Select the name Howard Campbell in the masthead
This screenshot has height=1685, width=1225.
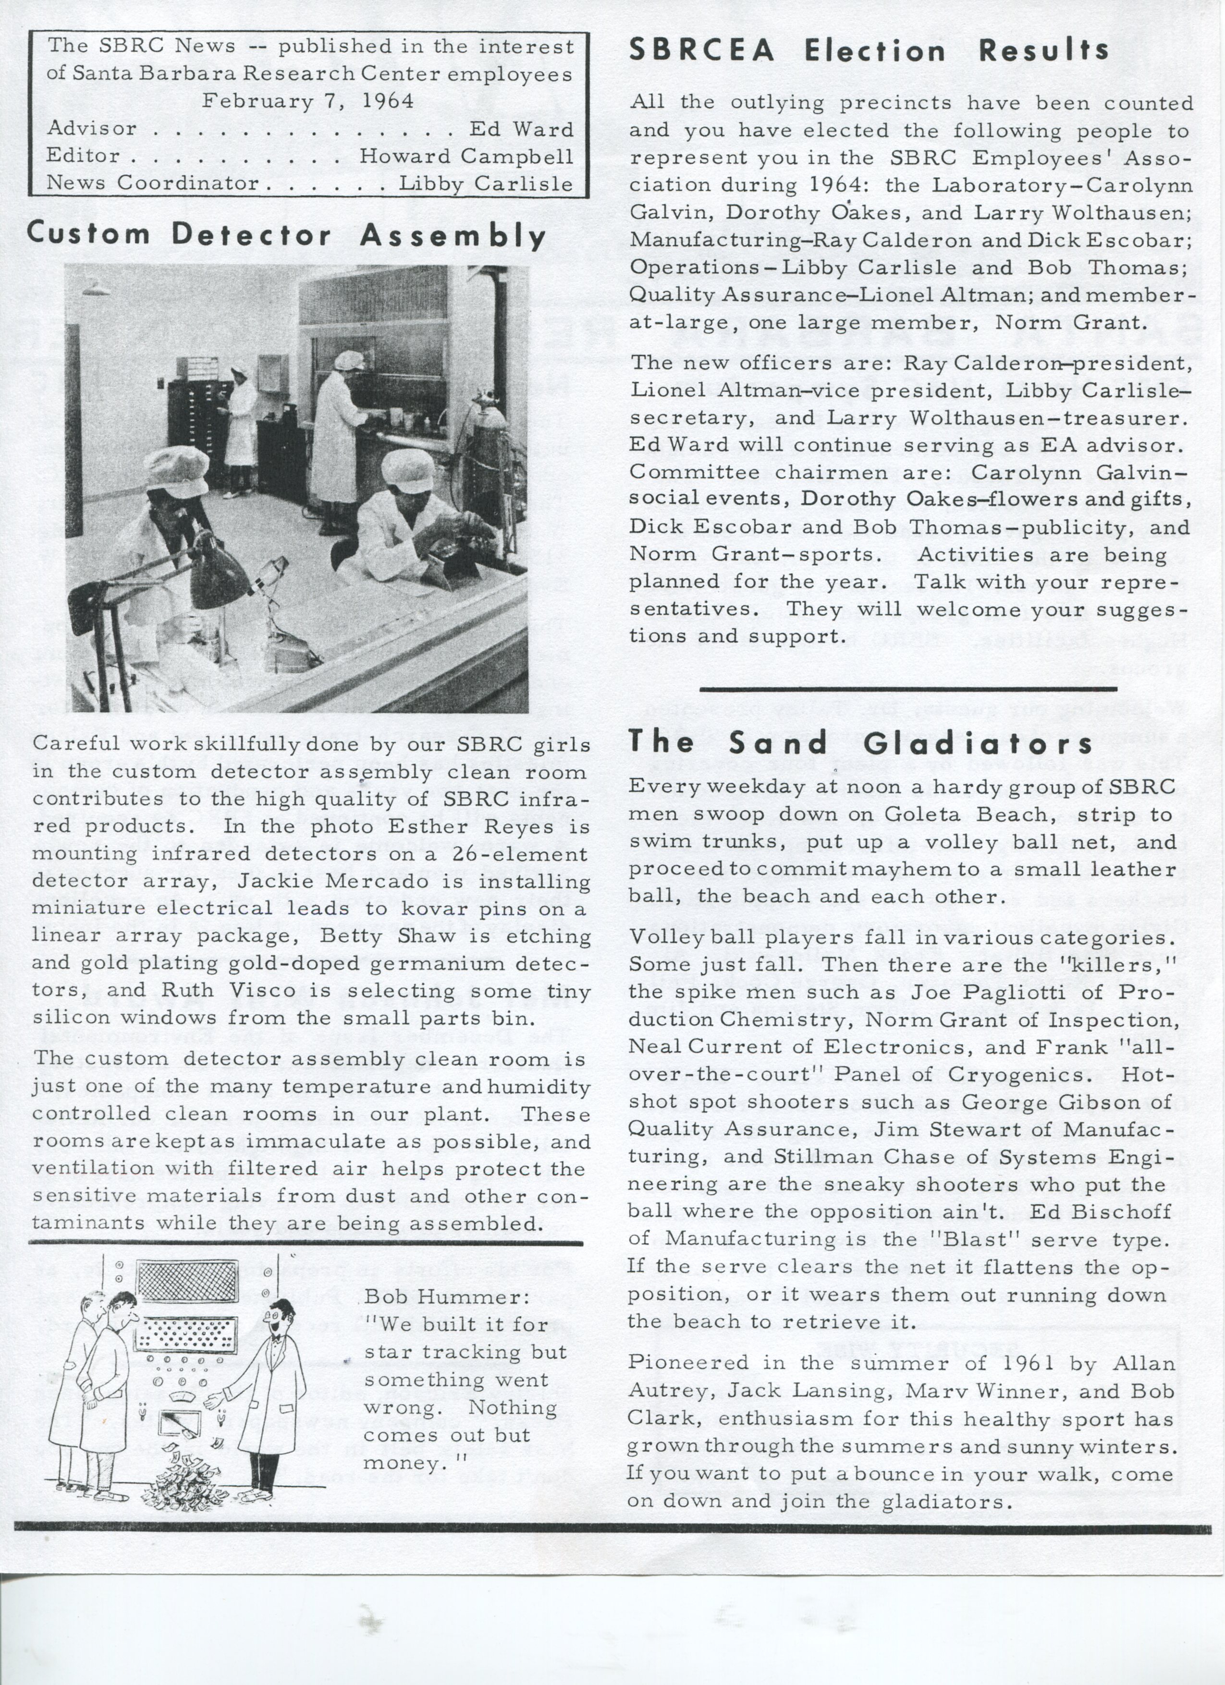[466, 156]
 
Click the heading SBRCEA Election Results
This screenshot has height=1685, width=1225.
[868, 50]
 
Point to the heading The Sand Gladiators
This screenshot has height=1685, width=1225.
[860, 743]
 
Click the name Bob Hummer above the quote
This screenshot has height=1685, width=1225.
[446, 1297]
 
